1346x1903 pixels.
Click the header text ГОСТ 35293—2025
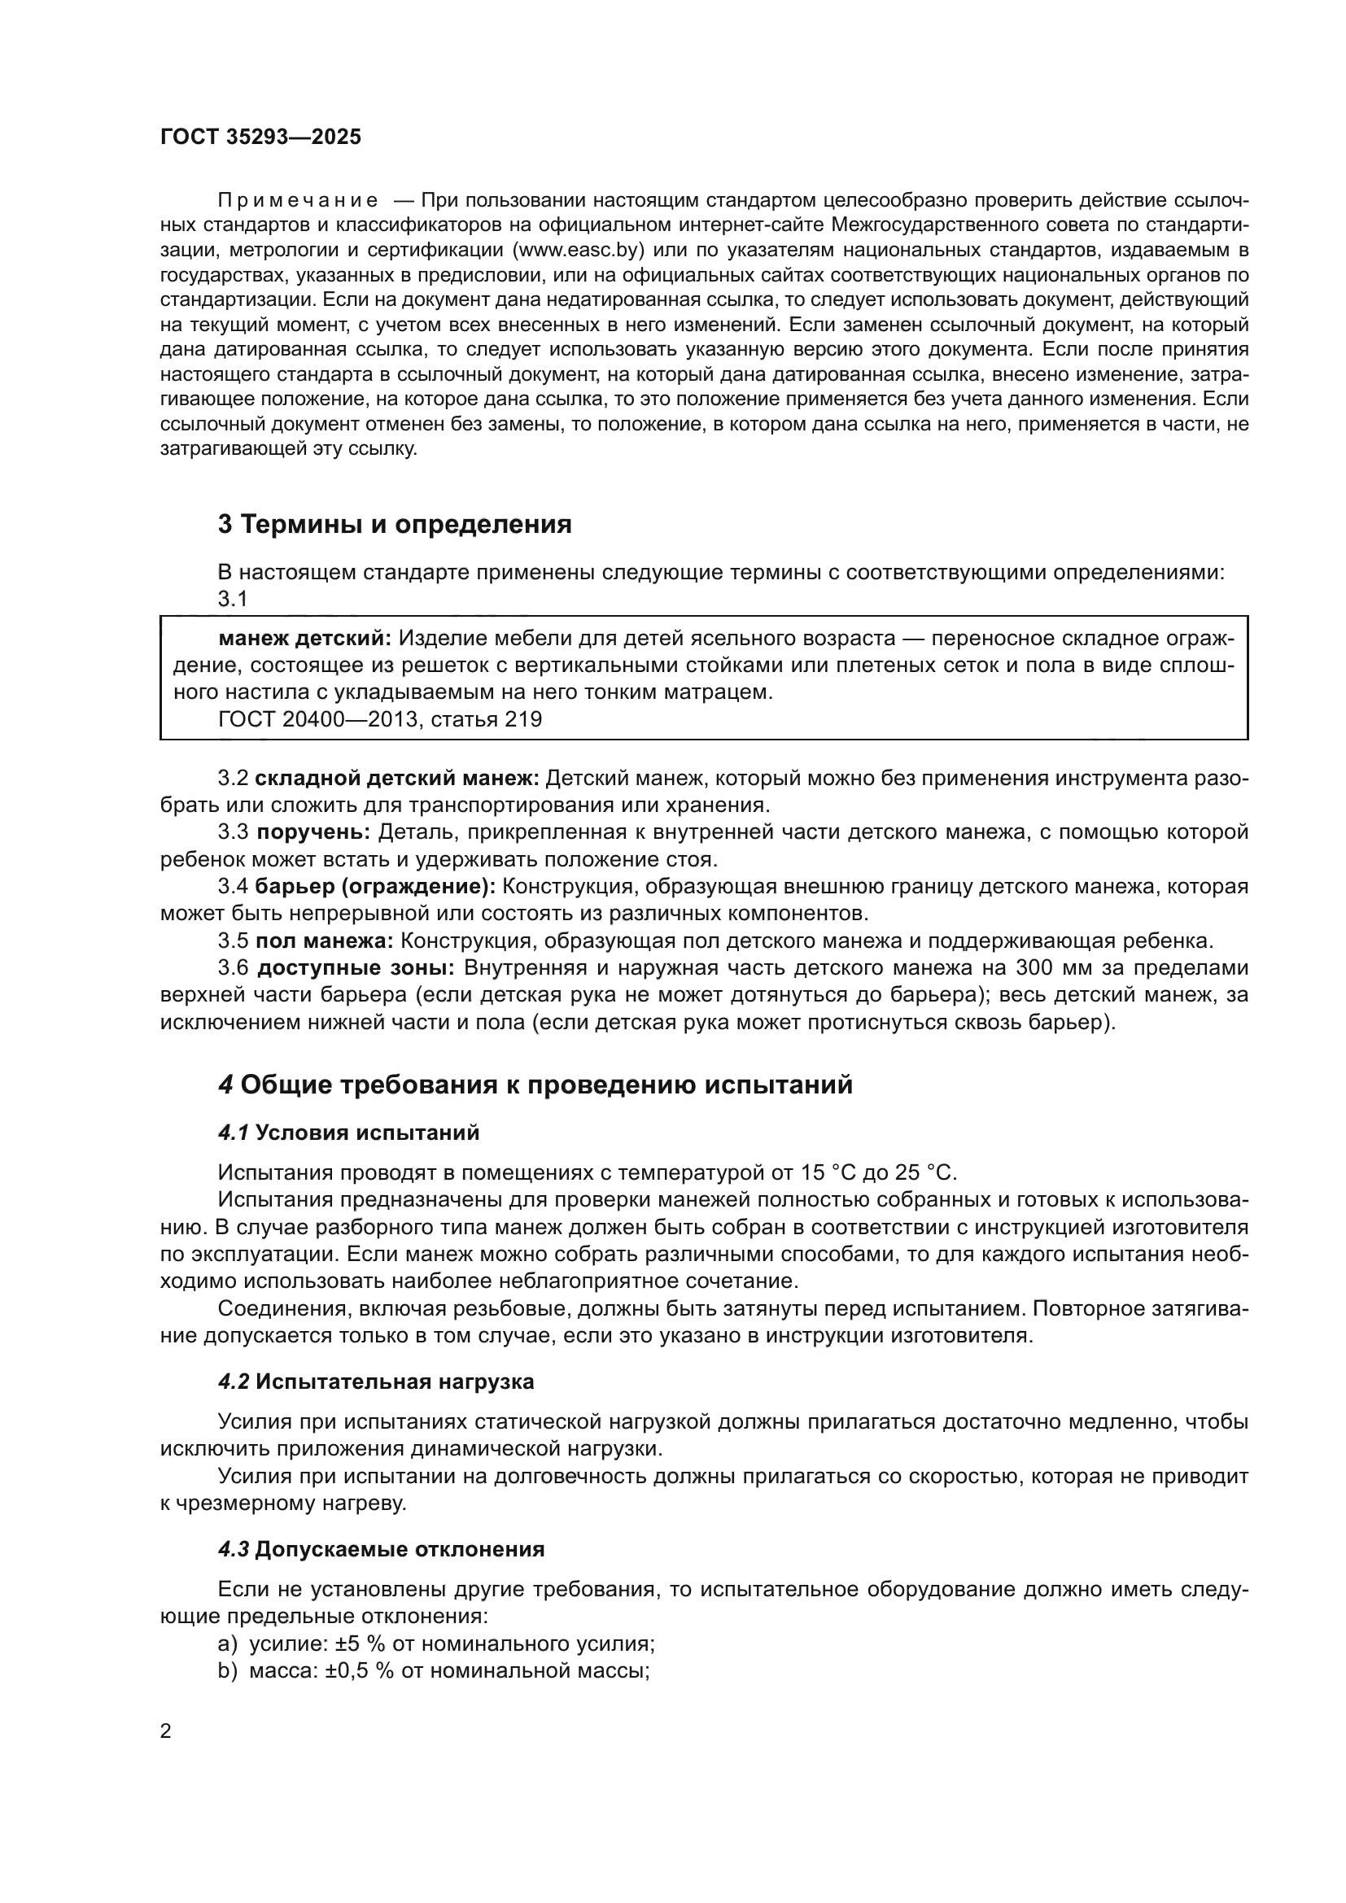[260, 137]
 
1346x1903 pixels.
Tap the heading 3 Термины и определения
[395, 525]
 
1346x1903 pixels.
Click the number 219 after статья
[523, 719]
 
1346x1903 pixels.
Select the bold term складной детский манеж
[397, 779]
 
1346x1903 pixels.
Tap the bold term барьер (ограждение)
[374, 887]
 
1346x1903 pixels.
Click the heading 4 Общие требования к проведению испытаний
[535, 1085]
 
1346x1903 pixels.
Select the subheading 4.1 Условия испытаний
[349, 1133]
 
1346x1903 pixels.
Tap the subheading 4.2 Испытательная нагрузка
[376, 1381]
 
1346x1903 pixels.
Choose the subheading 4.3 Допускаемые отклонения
[381, 1550]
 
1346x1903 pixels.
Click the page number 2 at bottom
[166, 1731]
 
